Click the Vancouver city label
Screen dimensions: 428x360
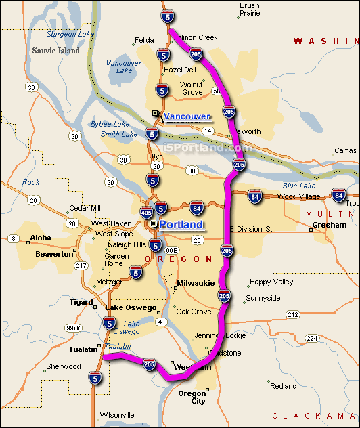(x=187, y=117)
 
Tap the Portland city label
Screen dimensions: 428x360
(x=181, y=225)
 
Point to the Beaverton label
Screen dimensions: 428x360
(x=54, y=253)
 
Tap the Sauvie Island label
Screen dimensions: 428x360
(x=55, y=51)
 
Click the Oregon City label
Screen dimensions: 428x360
(x=192, y=397)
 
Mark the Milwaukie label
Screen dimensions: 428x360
(x=195, y=283)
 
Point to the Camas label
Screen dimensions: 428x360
(x=346, y=150)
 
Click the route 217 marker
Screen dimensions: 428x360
(x=82, y=266)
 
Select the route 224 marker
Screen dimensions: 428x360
(x=312, y=338)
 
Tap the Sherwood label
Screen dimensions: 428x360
(x=63, y=366)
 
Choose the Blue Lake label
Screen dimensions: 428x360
(x=299, y=186)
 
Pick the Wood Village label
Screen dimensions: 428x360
(x=298, y=196)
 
